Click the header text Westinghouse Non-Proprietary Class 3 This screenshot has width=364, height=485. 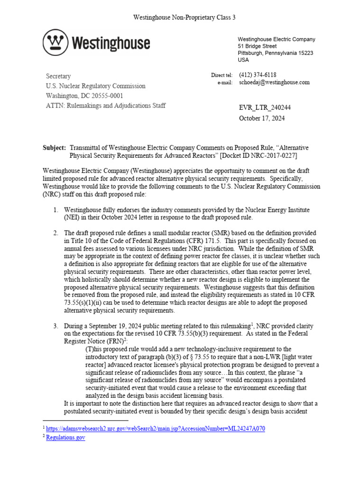(182, 18)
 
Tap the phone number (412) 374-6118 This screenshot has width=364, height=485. (258, 75)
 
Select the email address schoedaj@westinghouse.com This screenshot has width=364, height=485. (274, 82)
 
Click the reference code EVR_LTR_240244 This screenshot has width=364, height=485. (265, 108)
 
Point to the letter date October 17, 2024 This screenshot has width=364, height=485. (262, 118)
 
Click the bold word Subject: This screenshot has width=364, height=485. (55, 147)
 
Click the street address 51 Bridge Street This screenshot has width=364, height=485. (257, 46)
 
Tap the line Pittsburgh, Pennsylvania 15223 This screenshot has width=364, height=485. (275, 54)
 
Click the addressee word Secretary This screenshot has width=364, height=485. (58, 76)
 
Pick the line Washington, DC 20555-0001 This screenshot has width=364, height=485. (84, 96)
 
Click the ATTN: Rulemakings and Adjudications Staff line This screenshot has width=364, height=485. (105, 106)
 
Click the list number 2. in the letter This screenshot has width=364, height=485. (55, 234)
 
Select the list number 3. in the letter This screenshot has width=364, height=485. (55, 326)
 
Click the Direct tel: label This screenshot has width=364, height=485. (221, 75)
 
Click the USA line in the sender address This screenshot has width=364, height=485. (243, 61)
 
